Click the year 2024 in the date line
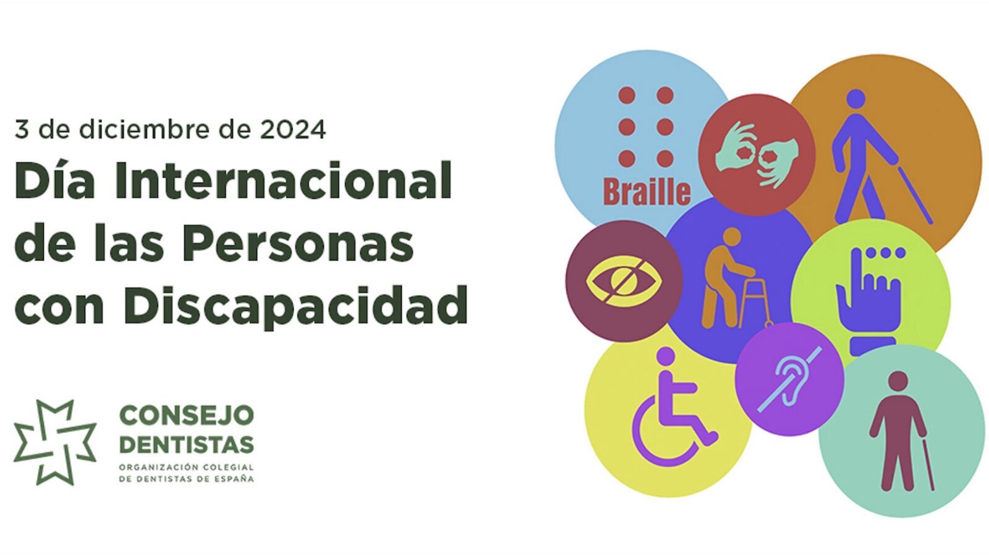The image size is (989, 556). (292, 130)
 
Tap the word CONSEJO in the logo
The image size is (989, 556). (186, 415)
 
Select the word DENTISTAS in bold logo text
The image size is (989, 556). (186, 444)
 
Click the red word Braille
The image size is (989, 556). (646, 192)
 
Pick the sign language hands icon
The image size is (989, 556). (757, 154)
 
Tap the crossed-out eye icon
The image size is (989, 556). (623, 282)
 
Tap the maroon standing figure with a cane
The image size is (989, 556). (899, 432)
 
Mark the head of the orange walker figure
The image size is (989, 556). (731, 237)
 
